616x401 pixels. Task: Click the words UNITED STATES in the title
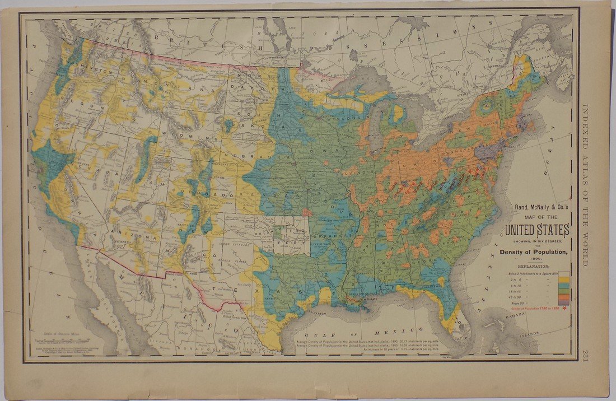click(x=537, y=230)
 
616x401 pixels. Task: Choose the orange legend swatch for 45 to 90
click(x=564, y=297)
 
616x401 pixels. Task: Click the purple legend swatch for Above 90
click(x=564, y=302)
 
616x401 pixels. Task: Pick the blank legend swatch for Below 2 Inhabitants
click(x=564, y=274)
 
